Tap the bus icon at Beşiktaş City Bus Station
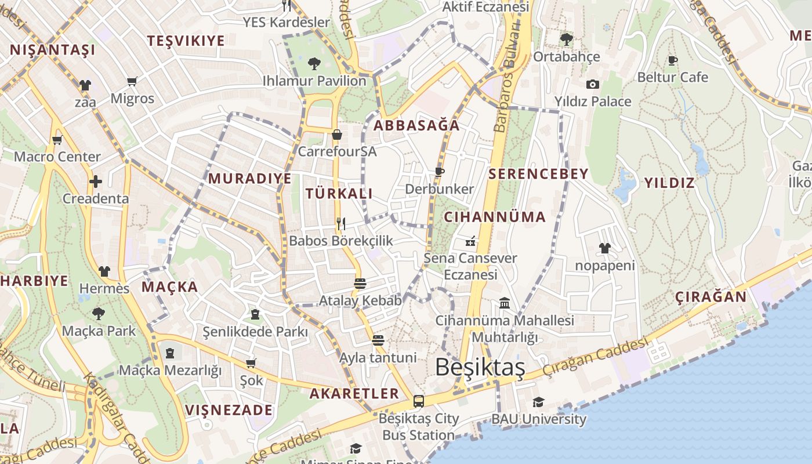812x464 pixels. [x=418, y=401]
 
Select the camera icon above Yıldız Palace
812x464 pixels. [x=592, y=84]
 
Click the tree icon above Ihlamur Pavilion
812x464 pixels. [x=314, y=63]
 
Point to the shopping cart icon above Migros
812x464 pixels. [x=132, y=81]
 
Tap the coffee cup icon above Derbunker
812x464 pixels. [x=439, y=171]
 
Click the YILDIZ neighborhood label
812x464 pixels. [x=669, y=183]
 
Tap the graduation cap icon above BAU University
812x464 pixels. [x=538, y=401]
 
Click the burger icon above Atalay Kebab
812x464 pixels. [x=360, y=283]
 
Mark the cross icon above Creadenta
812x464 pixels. [x=96, y=182]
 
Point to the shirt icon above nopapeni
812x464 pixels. [x=604, y=248]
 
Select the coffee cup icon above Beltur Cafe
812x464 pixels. [x=673, y=60]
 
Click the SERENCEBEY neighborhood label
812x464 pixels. [x=538, y=173]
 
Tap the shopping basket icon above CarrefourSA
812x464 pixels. [x=337, y=135]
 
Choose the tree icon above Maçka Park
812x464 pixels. [x=99, y=314]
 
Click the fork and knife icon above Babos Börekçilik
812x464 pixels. [x=341, y=223]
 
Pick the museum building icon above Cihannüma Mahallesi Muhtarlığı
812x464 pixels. [x=505, y=303]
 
